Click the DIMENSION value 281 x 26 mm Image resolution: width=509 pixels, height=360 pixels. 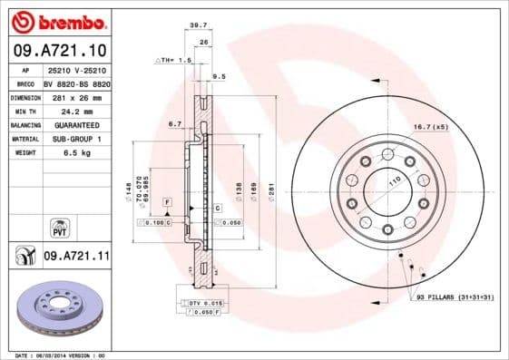(x=75, y=96)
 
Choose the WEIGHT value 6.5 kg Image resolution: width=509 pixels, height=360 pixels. (x=75, y=152)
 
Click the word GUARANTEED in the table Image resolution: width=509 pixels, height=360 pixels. (x=75, y=124)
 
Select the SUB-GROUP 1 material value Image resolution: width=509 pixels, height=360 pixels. (x=75, y=138)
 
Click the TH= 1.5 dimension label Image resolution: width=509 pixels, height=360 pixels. (x=176, y=60)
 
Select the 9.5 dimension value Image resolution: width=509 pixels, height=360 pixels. (x=218, y=77)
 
